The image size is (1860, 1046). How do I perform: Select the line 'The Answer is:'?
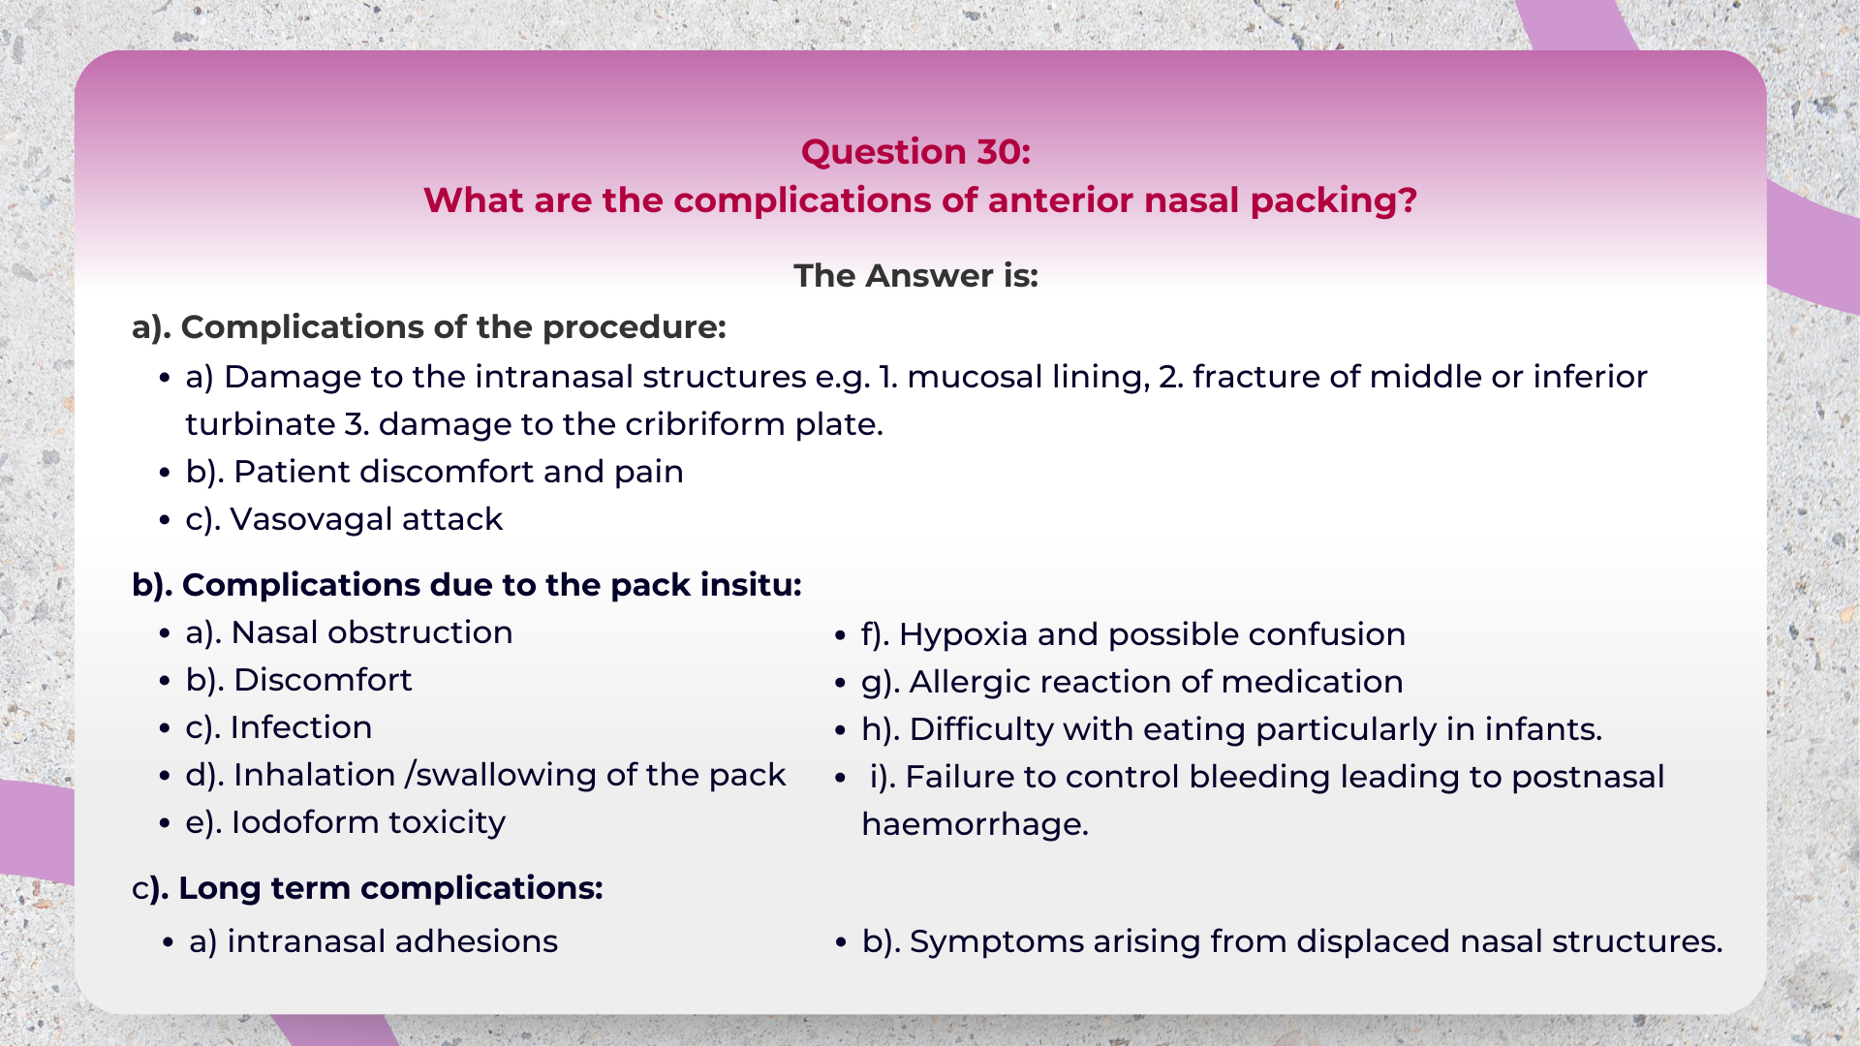click(x=915, y=276)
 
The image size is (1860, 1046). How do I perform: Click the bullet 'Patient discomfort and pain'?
click(x=434, y=472)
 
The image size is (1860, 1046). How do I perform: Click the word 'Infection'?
click(x=300, y=727)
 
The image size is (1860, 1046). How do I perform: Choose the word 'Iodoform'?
click(x=304, y=822)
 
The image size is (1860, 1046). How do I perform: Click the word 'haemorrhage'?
click(x=974, y=824)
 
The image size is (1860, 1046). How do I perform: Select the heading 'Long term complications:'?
click(x=368, y=888)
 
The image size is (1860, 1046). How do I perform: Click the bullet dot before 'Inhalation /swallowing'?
click(x=166, y=776)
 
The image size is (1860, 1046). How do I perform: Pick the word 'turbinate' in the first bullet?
click(x=260, y=424)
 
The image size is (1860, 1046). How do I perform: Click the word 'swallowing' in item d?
click(x=506, y=775)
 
